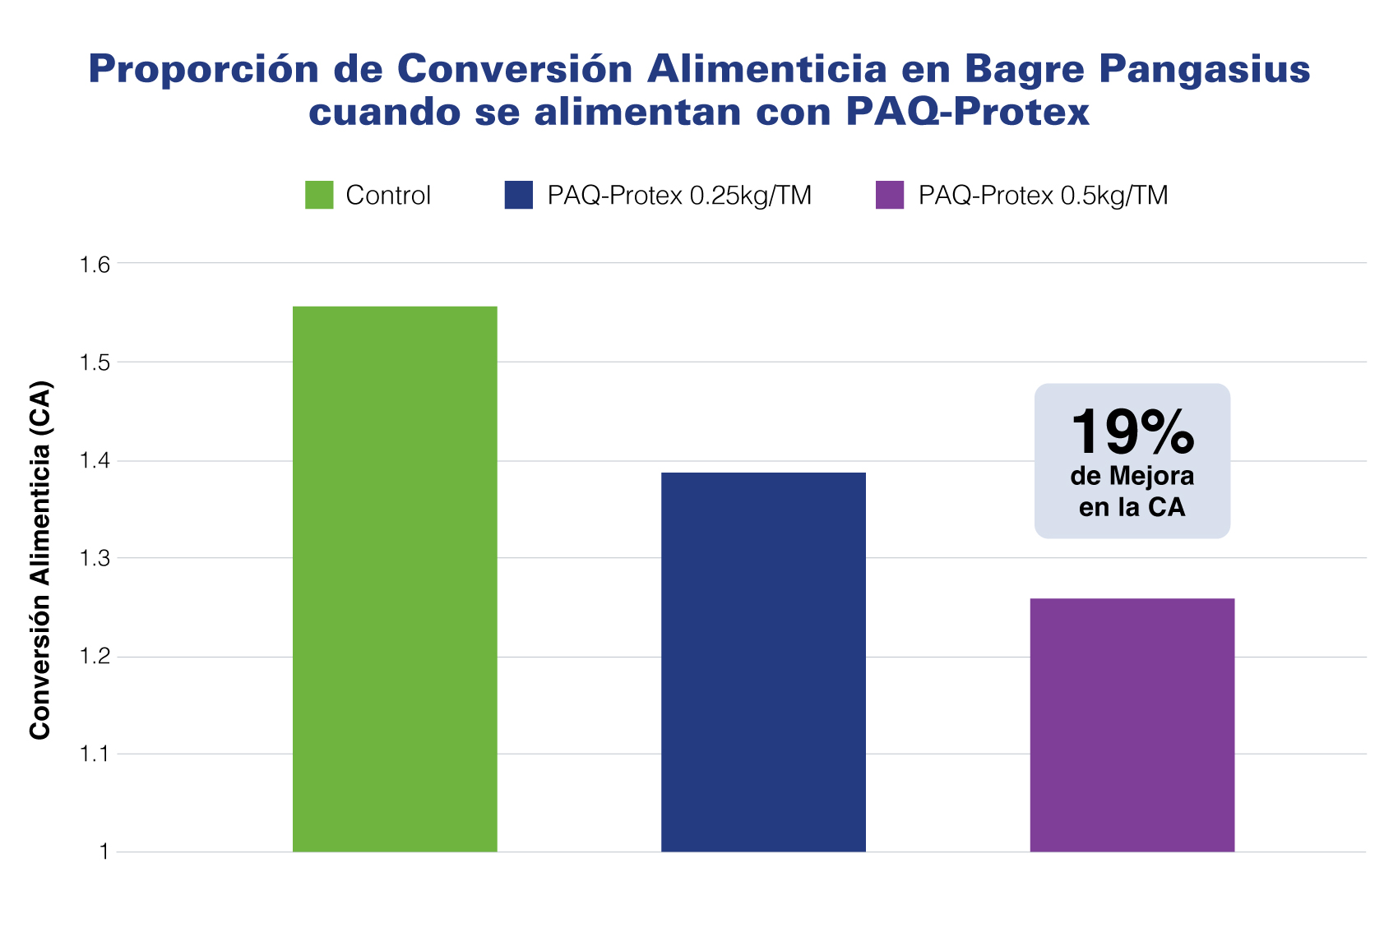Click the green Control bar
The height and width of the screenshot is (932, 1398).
(395, 579)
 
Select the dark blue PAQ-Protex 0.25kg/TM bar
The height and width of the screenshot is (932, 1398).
(763, 662)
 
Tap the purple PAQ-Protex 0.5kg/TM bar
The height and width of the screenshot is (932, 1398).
(1132, 725)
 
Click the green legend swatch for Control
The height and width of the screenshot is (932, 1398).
(319, 195)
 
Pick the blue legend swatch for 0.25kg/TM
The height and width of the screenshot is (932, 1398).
(518, 195)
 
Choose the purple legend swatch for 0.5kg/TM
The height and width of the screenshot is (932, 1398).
(890, 195)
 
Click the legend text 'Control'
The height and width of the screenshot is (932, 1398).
(388, 196)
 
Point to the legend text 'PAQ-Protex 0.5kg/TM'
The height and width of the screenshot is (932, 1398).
(1043, 196)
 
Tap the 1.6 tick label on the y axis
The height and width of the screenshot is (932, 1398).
(95, 265)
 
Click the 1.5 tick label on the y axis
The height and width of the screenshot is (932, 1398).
(95, 363)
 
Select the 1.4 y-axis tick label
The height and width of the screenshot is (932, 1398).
(95, 462)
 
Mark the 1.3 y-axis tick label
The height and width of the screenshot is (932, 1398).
(95, 559)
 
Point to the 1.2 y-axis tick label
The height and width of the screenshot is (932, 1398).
(95, 657)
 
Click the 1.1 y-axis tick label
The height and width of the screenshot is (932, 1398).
(95, 754)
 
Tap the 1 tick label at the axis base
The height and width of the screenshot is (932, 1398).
(104, 852)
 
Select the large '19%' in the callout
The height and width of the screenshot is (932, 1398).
(1132, 432)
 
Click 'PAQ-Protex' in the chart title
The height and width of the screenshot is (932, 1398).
(967, 112)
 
